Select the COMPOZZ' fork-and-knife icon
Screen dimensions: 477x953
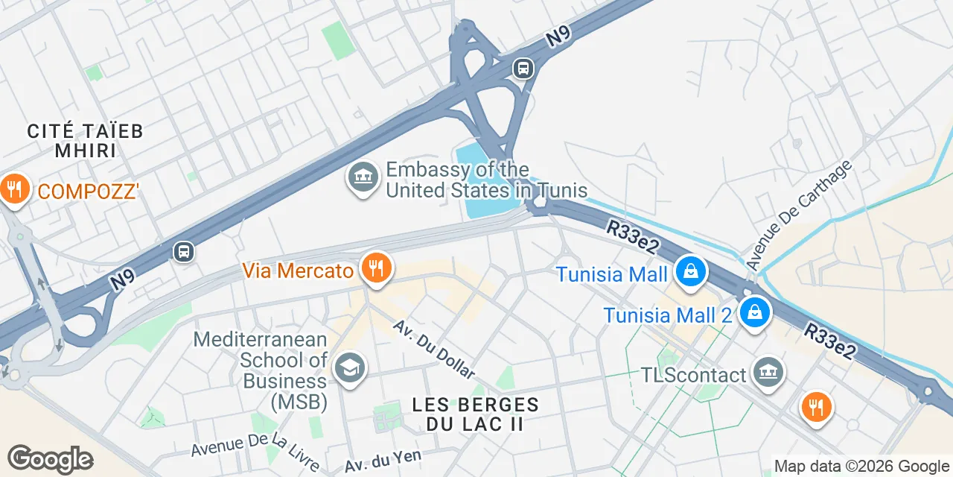click(x=13, y=189)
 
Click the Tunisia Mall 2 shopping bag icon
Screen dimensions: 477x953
click(x=755, y=312)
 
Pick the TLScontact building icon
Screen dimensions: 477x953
click(x=768, y=371)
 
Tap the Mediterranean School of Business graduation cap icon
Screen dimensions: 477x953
click(x=348, y=367)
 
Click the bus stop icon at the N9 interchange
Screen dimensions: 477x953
click(x=523, y=69)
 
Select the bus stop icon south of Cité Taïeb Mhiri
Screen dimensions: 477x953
click(x=183, y=252)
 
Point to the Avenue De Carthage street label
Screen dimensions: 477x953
click(x=799, y=215)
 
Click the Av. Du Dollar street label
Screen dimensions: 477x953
click(x=434, y=350)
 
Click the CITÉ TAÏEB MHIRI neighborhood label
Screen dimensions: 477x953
click(x=85, y=140)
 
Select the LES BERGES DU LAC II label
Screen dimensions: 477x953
click(x=475, y=414)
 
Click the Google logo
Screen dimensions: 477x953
click(x=50, y=459)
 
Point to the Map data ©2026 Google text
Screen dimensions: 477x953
click(x=861, y=467)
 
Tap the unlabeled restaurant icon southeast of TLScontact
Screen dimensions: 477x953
click(x=816, y=406)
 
